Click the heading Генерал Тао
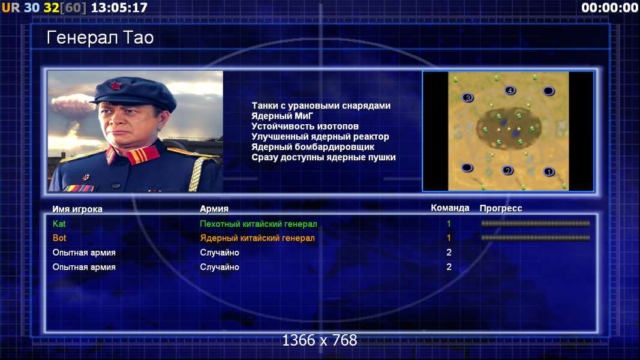100,38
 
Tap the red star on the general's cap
116,86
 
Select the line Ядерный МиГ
282,116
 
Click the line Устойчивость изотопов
305,126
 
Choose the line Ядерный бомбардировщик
313,147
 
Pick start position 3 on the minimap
468,98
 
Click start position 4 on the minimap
510,91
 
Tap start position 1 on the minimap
549,172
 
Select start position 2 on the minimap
507,170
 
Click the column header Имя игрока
77,209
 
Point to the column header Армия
214,209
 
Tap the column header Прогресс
501,208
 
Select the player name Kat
59,224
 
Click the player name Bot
59,238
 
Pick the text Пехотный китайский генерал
259,224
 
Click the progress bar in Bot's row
536,238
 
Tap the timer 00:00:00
610,7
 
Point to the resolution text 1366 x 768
320,340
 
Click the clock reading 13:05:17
119,7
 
